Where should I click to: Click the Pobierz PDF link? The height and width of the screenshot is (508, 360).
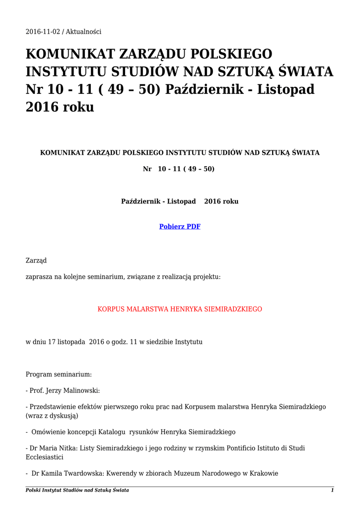180,227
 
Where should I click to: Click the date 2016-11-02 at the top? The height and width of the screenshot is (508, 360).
43,32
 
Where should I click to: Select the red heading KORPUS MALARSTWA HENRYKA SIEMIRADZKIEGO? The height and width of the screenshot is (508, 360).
180,309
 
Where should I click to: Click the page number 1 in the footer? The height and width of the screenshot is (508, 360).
332,490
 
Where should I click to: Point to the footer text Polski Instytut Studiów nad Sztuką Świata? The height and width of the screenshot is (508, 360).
77,490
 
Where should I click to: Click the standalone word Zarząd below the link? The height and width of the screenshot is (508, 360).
36,260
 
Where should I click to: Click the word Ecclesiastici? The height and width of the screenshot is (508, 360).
45,457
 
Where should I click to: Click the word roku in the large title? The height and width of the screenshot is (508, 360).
78,107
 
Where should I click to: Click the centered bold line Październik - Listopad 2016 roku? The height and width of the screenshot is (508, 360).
180,201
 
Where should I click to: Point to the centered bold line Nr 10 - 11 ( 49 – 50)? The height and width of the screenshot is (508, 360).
179,169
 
